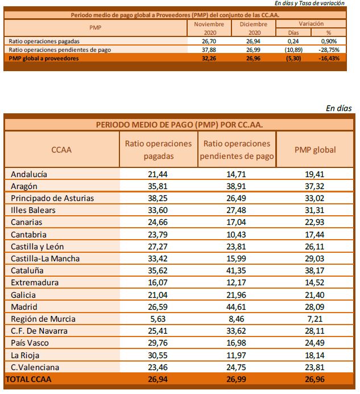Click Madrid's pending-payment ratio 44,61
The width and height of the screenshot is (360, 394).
[x=236, y=307]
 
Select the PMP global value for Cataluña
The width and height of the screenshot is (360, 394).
[x=315, y=270]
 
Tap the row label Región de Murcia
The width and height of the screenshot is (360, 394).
[x=43, y=319]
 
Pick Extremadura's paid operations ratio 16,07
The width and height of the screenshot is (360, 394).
[x=158, y=282]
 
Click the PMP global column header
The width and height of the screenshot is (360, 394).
[x=315, y=150]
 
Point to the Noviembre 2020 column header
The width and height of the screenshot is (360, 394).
[x=209, y=28]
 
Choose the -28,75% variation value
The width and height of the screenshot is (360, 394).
[x=329, y=50]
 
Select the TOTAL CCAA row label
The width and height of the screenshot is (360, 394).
[x=28, y=379]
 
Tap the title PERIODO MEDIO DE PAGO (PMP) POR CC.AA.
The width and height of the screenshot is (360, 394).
[x=179, y=125]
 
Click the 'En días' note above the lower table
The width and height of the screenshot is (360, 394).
[x=338, y=108]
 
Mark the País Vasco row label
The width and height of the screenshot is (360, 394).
[x=30, y=343]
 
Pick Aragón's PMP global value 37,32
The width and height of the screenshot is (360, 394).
[x=315, y=186]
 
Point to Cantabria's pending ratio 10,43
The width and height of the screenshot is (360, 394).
[x=236, y=235]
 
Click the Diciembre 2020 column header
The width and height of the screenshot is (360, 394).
[x=254, y=28]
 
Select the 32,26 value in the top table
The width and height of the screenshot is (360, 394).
[x=209, y=58]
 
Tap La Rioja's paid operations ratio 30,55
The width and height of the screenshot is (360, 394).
[x=158, y=355]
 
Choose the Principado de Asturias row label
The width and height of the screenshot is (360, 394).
[x=52, y=198]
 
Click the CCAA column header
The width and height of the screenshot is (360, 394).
[x=61, y=150]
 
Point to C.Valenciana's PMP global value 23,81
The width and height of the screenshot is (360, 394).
[x=315, y=367]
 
